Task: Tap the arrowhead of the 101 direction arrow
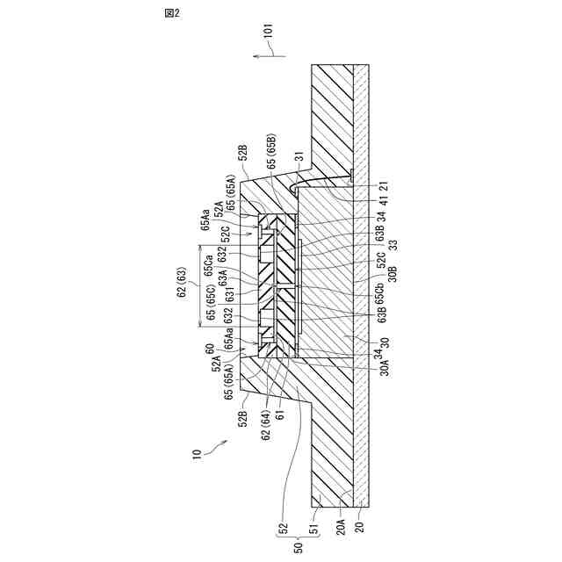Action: pyautogui.click(x=251, y=54)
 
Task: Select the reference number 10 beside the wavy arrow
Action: pyautogui.click(x=197, y=454)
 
